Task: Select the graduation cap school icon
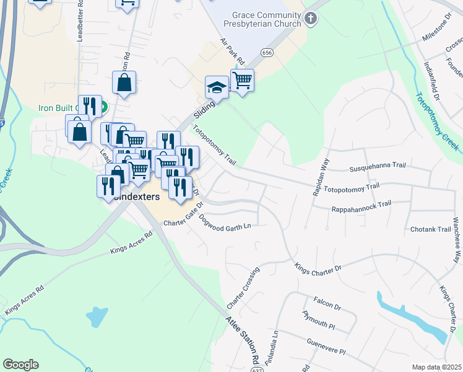click(217, 87)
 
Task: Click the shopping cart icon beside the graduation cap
click(242, 80)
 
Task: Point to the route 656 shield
click(267, 53)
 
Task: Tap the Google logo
click(20, 365)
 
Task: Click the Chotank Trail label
click(431, 229)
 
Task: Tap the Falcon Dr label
click(327, 305)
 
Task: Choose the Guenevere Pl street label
click(324, 347)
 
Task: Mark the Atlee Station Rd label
click(242, 342)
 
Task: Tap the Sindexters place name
click(137, 197)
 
